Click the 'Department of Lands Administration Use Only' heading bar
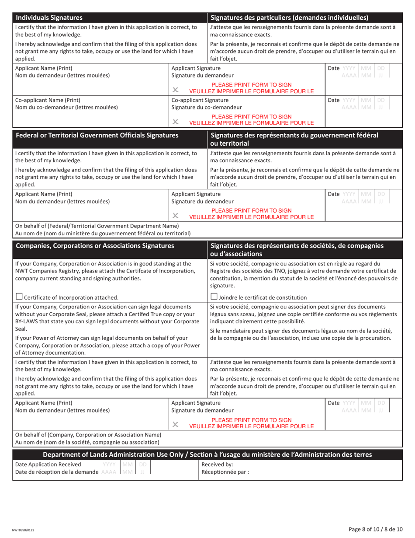click(x=207, y=454)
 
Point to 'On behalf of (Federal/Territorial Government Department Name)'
click(x=97, y=226)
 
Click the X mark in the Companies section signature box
click(x=176, y=424)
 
